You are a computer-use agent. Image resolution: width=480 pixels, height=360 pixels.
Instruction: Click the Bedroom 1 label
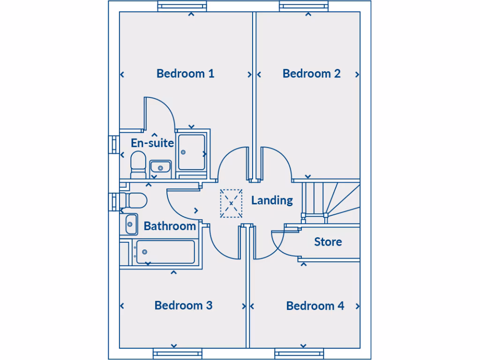[x=185, y=74]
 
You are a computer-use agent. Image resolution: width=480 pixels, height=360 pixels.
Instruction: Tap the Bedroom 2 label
[x=311, y=74]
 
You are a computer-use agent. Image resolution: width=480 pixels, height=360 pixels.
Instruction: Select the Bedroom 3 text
[x=183, y=305]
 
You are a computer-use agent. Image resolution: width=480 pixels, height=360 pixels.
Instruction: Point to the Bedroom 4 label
[x=315, y=306]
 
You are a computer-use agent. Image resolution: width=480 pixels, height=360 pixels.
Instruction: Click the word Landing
[x=272, y=200]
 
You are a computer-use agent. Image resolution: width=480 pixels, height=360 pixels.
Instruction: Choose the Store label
[x=328, y=242]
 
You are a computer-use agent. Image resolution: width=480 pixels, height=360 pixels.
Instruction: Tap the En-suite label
[x=152, y=143]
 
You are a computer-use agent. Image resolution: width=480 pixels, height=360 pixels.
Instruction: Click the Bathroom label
[x=170, y=226]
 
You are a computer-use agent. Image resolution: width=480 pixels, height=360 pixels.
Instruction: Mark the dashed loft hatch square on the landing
[x=231, y=203]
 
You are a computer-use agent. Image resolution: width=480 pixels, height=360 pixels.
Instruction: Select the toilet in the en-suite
[x=138, y=164]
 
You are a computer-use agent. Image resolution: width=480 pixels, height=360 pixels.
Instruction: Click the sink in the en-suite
[x=160, y=167]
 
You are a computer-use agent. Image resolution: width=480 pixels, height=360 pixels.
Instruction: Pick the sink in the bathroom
[x=131, y=224]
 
